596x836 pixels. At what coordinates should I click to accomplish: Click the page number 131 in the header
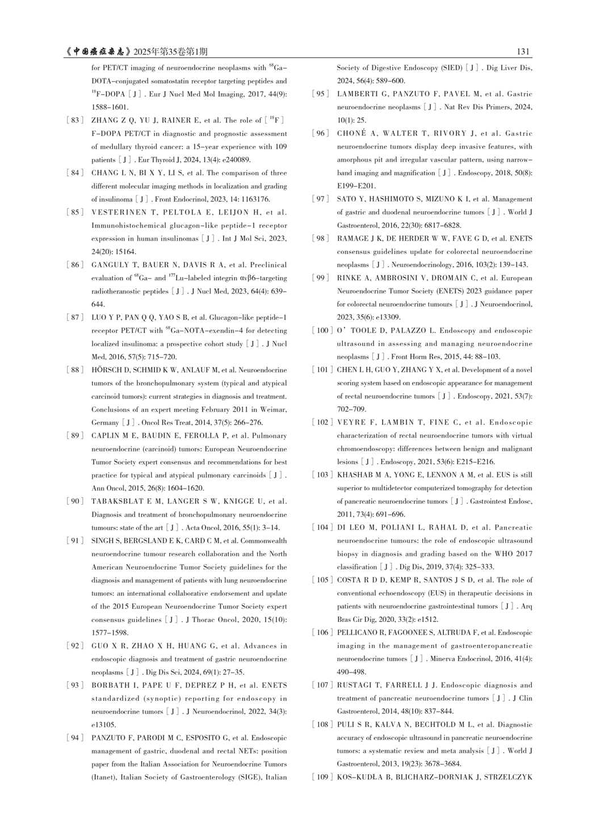[x=523, y=52]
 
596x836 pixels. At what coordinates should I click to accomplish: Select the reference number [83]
[x=75, y=120]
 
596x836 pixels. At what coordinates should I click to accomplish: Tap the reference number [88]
[x=75, y=370]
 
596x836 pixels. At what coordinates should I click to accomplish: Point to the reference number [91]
[x=75, y=541]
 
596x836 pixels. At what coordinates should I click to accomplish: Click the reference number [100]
[x=322, y=330]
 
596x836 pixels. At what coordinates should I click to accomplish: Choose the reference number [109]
[x=322, y=777]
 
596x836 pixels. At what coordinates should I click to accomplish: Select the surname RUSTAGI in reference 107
[x=353, y=685]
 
